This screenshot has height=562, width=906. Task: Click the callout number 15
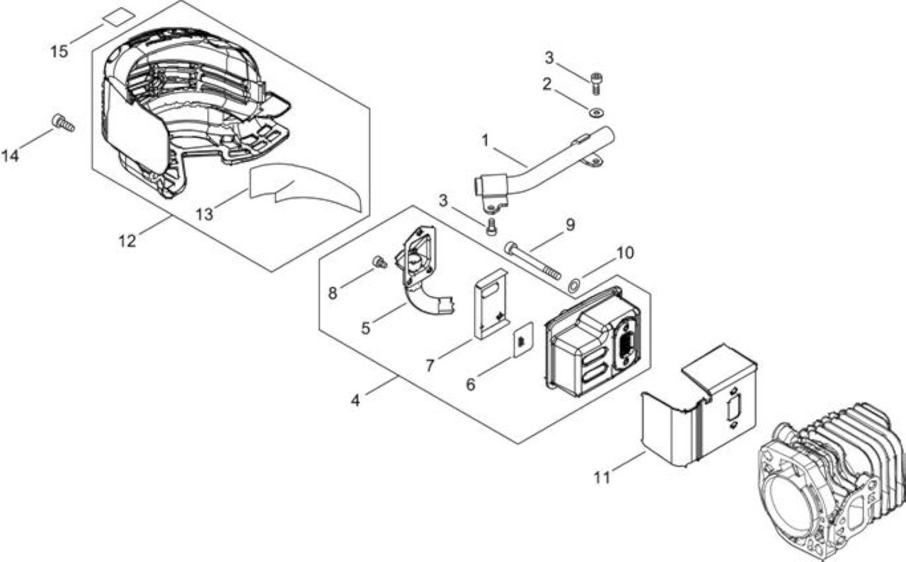(x=59, y=52)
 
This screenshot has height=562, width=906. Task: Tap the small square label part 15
(x=118, y=18)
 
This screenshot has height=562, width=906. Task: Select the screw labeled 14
(x=63, y=123)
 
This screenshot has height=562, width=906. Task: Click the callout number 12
(x=127, y=241)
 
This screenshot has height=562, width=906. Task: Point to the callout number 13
(x=205, y=214)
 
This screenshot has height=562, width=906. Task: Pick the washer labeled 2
(x=596, y=112)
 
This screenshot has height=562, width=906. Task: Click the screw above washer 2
(x=595, y=83)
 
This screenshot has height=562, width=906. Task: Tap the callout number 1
(x=485, y=141)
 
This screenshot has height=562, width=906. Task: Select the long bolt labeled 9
(x=533, y=261)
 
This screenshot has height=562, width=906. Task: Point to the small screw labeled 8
(x=379, y=262)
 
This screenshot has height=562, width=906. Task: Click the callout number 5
(x=366, y=328)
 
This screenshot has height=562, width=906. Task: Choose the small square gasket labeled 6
(x=523, y=340)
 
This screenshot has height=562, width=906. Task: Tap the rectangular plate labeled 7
(x=491, y=304)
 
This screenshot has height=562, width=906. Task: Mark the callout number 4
(x=355, y=400)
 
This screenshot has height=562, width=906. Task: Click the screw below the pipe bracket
(x=491, y=226)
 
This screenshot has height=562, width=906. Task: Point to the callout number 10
(x=625, y=253)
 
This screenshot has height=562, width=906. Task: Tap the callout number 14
(x=11, y=156)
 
